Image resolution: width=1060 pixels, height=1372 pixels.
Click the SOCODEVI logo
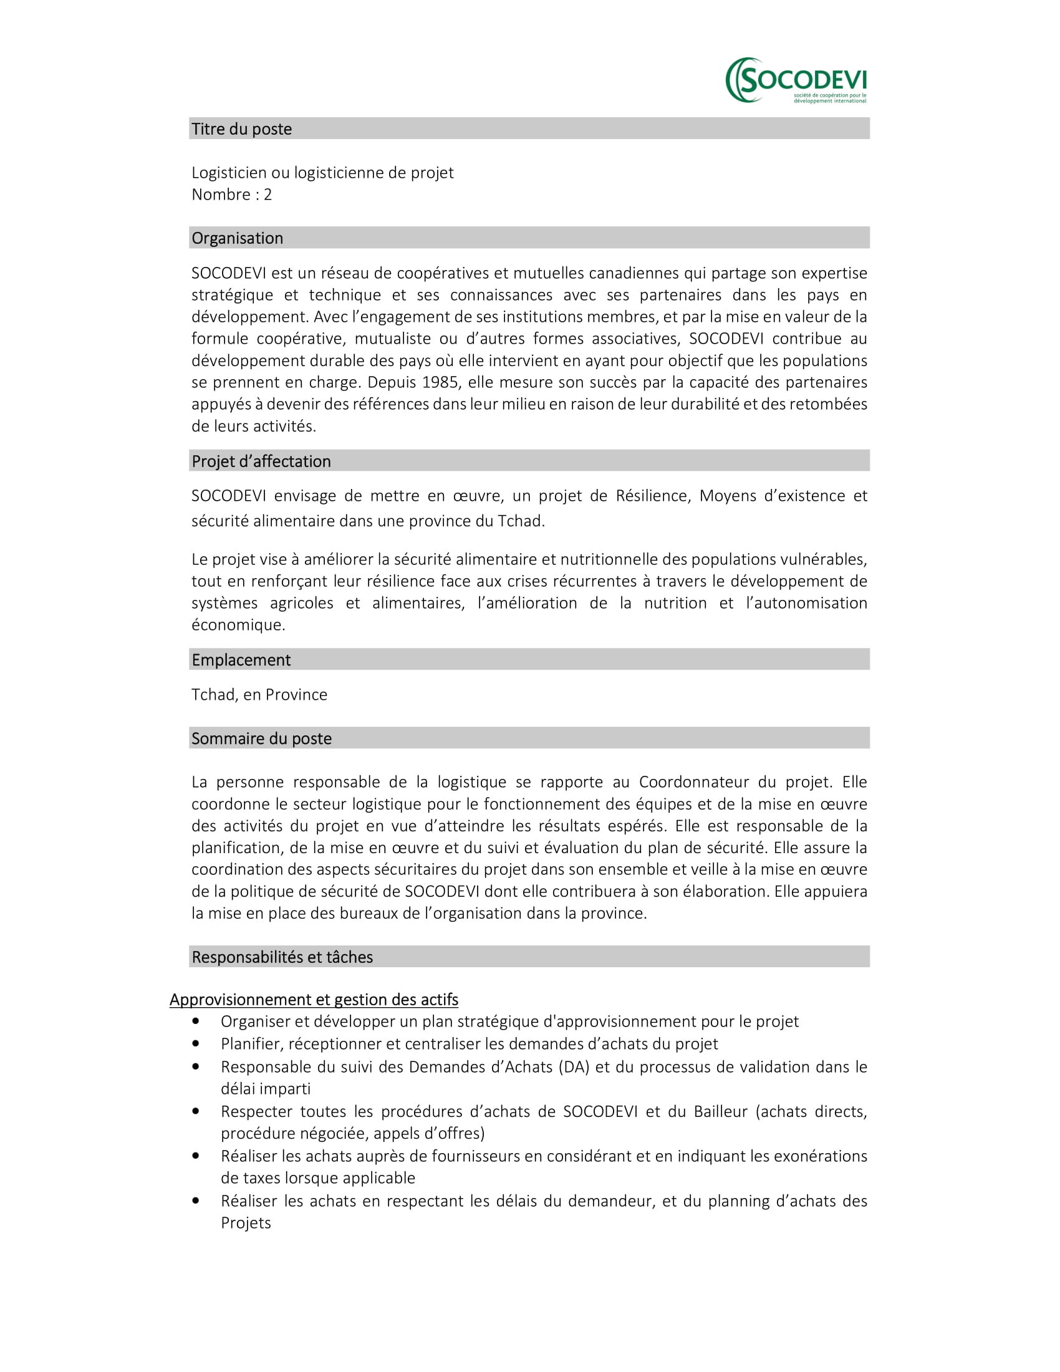pyautogui.click(x=796, y=80)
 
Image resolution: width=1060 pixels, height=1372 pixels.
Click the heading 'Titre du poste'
pyautogui.click(x=242, y=129)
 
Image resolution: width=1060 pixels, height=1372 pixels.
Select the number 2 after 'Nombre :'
pyautogui.click(x=267, y=195)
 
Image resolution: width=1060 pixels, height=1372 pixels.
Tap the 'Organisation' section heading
pyautogui.click(x=238, y=238)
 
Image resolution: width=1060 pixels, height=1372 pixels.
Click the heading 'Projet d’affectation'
pyautogui.click(x=261, y=461)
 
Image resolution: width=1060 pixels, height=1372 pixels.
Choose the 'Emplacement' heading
pyautogui.click(x=241, y=660)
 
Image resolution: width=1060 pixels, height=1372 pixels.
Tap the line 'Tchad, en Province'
pyautogui.click(x=259, y=694)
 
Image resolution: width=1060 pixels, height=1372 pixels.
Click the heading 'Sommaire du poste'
pyautogui.click(x=261, y=738)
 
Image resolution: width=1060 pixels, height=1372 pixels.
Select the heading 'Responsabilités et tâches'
pyautogui.click(x=282, y=957)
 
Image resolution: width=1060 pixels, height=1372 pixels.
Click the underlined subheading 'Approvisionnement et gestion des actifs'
pyautogui.click(x=314, y=1000)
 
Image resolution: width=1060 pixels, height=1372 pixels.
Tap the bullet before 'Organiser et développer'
pyautogui.click(x=196, y=1022)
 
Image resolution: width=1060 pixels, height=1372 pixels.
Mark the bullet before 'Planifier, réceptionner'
pyautogui.click(x=196, y=1044)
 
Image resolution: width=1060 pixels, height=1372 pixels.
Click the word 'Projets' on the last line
pyautogui.click(x=246, y=1222)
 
